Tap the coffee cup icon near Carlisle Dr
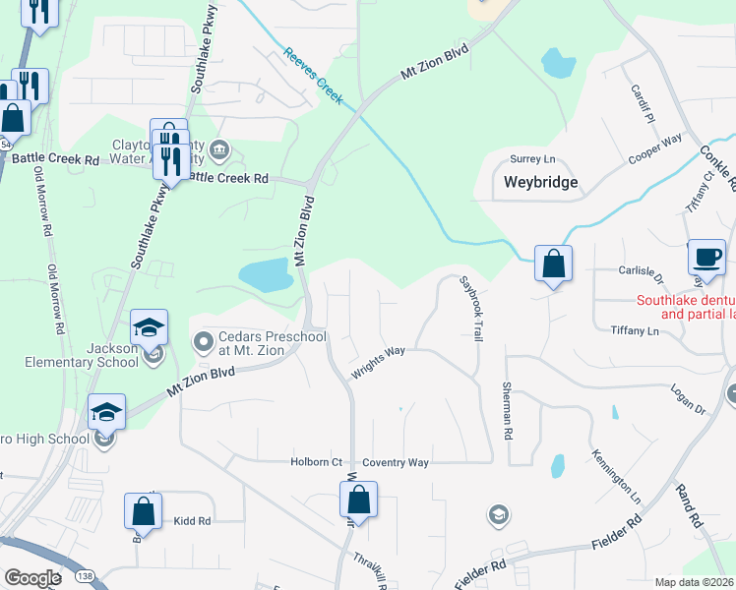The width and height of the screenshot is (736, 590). (x=705, y=257)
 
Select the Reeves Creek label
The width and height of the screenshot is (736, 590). (x=312, y=76)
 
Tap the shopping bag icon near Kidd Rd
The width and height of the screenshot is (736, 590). (x=143, y=511)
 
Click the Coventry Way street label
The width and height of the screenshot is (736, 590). (x=396, y=462)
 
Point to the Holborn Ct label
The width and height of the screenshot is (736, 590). (x=316, y=462)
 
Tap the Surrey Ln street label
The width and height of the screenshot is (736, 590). (x=532, y=158)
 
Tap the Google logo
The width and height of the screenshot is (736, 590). (x=32, y=577)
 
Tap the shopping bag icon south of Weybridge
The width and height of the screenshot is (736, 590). (x=553, y=264)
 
